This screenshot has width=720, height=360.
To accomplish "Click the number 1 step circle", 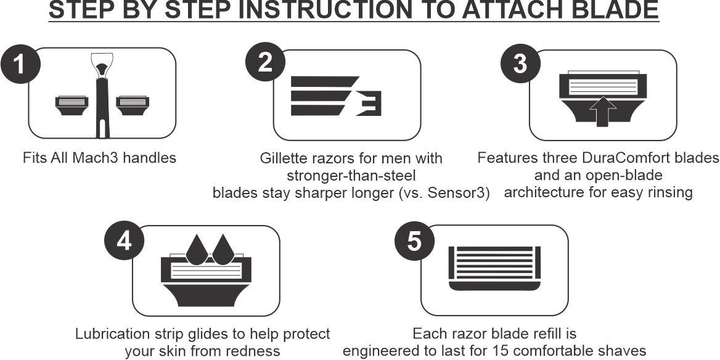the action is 20,64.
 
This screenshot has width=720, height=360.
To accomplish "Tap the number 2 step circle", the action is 266,62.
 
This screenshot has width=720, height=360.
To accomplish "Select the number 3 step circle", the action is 520,63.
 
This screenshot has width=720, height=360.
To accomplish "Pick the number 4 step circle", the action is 125,240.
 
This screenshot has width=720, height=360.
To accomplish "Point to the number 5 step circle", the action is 415,240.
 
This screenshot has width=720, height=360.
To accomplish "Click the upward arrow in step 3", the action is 602,112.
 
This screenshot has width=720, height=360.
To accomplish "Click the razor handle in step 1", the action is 102,96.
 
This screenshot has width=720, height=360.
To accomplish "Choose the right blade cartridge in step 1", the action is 133,105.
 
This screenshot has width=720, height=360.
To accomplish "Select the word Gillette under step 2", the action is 284,158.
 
